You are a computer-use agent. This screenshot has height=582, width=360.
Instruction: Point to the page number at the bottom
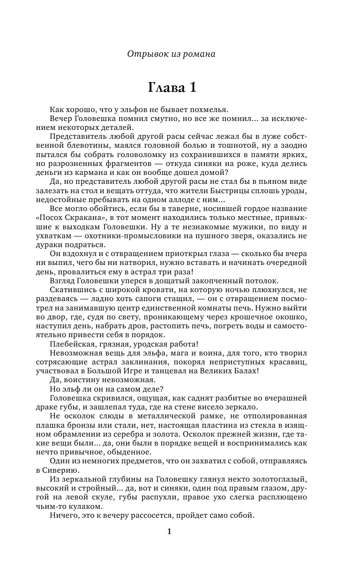(170, 532)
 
